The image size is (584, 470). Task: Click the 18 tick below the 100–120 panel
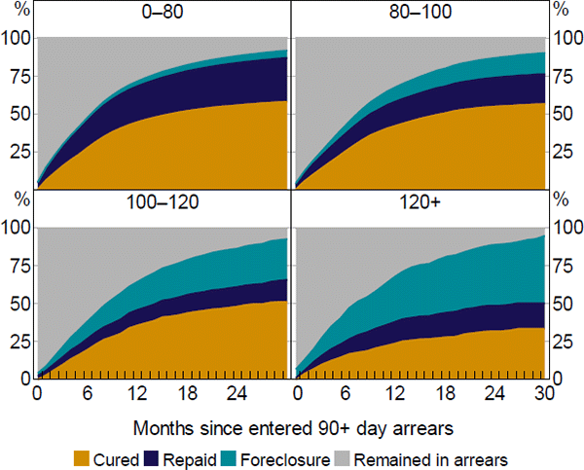point(189,393)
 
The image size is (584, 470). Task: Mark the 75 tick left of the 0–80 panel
point(18,75)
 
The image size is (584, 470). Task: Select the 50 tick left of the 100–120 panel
point(18,303)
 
